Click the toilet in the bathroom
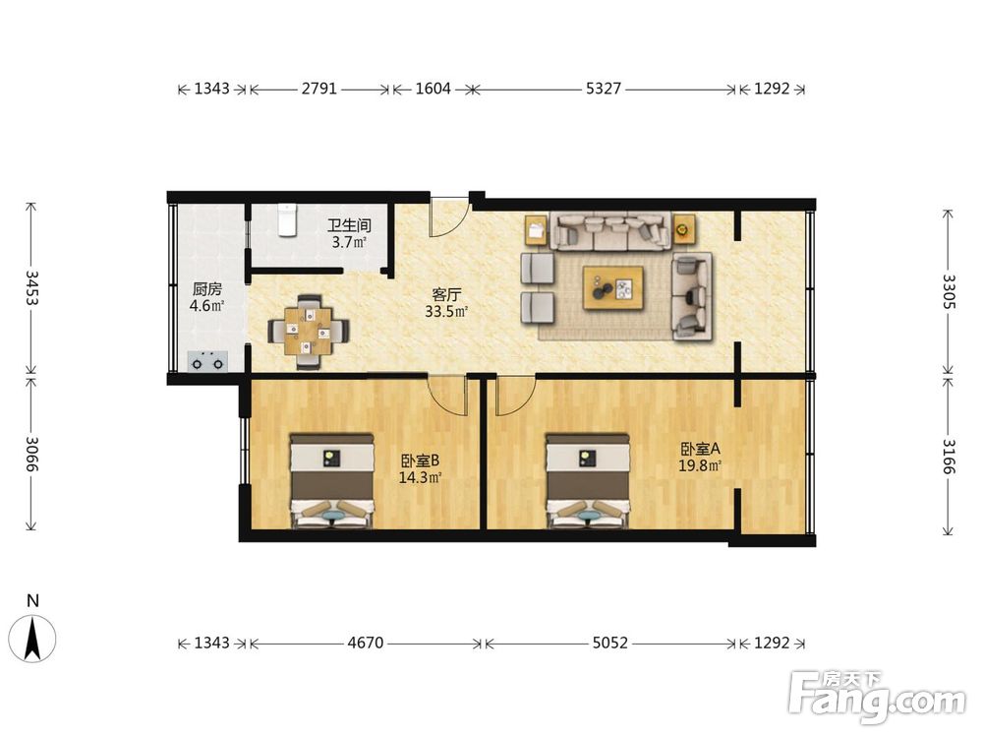pos(286,219)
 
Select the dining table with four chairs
pos(309,332)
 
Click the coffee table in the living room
pos(613,288)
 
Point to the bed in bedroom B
pos(331,481)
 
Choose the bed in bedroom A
pos(588,481)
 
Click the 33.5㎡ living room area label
pos(446,311)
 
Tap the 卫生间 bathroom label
pos(349,224)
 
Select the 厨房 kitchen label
pos(206,289)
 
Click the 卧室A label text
pos(700,449)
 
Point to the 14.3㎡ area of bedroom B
pos(420,477)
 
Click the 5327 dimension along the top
pos(604,89)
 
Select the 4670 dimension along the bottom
pos(366,644)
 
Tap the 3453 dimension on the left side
pos(30,288)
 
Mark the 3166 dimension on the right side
pos(949,457)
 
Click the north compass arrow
pos(32,639)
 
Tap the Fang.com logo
pos(878,697)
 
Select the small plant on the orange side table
pos(683,229)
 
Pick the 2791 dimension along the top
pos(319,89)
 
